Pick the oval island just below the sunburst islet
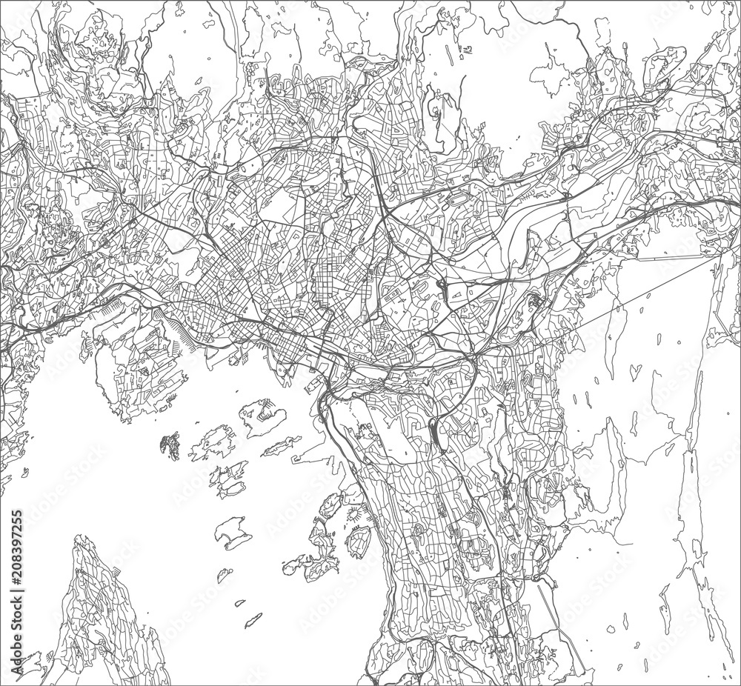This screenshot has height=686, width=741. pyautogui.click(x=359, y=543)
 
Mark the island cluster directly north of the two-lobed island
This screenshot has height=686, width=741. pyautogui.click(x=226, y=478)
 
